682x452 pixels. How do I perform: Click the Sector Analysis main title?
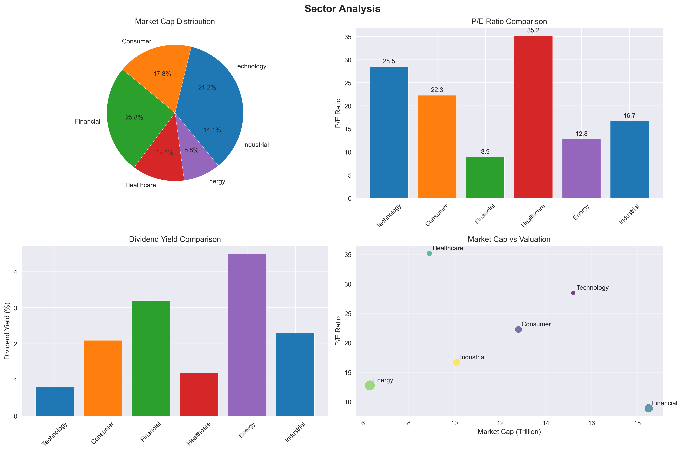[342, 9]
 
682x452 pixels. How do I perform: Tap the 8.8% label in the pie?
[191, 150]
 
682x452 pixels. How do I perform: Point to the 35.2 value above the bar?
[533, 31]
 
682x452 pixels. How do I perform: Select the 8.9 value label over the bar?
[485, 152]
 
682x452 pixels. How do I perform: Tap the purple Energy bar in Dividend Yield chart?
[247, 334]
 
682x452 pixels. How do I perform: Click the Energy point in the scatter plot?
[370, 385]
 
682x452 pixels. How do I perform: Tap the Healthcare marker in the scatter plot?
[429, 253]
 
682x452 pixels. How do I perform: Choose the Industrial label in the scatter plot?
[473, 357]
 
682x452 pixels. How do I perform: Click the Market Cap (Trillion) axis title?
[509, 432]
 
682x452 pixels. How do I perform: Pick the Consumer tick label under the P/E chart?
[437, 215]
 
